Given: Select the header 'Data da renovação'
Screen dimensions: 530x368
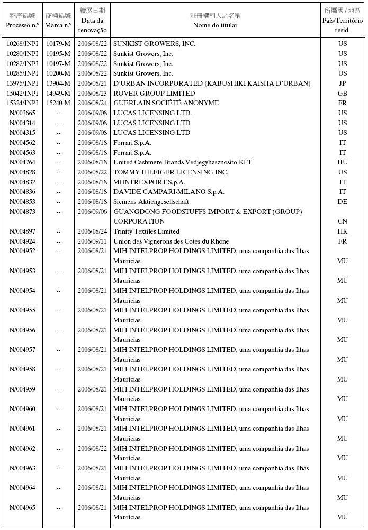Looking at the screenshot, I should [x=92, y=21].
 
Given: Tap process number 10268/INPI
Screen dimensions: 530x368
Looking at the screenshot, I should [x=22, y=44].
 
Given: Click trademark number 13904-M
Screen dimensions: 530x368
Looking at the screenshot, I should [x=58, y=83].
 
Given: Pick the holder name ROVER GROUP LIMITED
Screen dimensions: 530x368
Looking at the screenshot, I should [x=154, y=94].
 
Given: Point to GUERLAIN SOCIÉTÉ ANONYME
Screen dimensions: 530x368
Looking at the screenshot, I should [x=166, y=103].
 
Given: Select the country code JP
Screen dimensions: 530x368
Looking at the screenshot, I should [x=343, y=83].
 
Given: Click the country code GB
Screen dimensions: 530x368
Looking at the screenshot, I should [x=343, y=94].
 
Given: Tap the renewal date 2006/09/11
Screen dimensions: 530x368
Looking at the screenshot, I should [x=92, y=241].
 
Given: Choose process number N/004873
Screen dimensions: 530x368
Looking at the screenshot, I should [x=22, y=212].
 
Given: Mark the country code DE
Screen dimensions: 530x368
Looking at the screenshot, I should [x=343, y=202].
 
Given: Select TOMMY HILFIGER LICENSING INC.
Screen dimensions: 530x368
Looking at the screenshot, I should [x=170, y=172].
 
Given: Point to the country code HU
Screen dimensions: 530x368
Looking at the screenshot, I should [x=343, y=162].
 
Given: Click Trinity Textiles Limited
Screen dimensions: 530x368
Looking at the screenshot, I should [x=146, y=231].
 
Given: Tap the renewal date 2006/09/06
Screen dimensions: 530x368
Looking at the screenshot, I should [x=92, y=212].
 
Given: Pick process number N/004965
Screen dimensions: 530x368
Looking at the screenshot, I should [x=22, y=508].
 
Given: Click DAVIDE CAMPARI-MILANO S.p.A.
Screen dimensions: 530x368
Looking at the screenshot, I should [x=168, y=192].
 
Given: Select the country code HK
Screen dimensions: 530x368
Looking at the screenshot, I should [x=343, y=231].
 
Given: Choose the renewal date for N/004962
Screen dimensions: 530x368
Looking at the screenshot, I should [x=92, y=449].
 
